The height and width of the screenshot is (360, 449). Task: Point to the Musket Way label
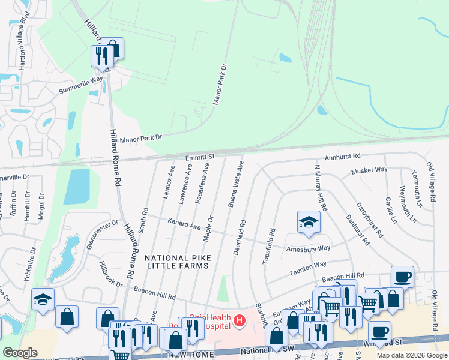coord(369,170)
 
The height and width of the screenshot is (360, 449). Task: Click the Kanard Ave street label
coord(184,224)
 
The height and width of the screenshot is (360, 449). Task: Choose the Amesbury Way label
coord(308,248)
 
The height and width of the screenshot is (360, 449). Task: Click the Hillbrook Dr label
coord(111,275)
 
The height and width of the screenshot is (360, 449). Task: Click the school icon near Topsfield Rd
coord(308,222)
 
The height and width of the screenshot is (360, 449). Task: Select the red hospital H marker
coord(240,321)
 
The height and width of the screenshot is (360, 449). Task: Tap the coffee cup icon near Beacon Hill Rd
coord(402,277)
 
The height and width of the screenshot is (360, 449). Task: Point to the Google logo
coord(20,353)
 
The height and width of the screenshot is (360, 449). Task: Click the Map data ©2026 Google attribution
coord(412,355)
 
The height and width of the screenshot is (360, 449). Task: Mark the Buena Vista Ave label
coord(235,184)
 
